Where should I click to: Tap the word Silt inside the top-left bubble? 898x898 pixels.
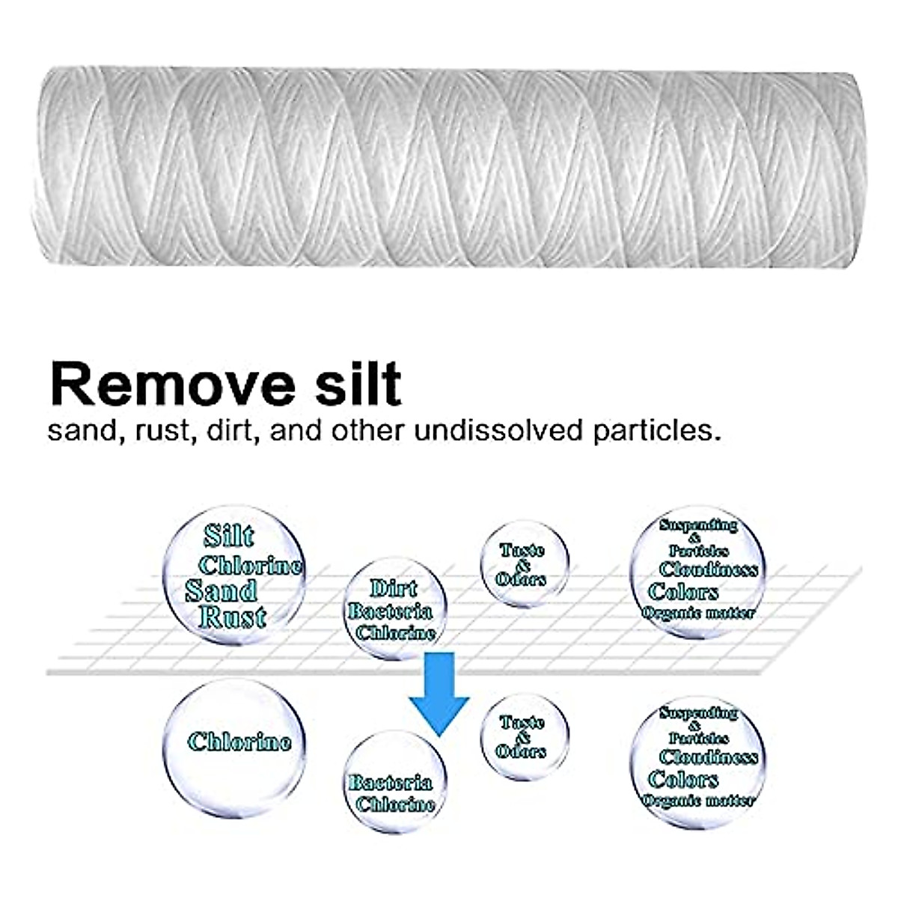coord(228,536)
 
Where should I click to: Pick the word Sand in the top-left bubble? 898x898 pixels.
coord(221,591)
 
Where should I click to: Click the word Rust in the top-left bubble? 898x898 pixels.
coord(233,617)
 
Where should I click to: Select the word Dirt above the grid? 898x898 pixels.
coord(393,589)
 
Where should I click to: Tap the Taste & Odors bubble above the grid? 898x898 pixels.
coord(523,564)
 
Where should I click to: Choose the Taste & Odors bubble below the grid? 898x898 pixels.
coord(523,736)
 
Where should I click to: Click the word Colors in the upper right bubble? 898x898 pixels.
coord(683,592)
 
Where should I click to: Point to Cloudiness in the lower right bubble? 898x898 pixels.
coord(708,757)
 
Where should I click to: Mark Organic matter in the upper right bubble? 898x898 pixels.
coord(697,614)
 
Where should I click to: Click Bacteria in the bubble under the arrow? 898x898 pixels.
coord(390,783)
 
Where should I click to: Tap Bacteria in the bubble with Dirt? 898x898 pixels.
coord(390,611)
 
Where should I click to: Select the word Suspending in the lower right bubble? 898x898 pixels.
coord(697,712)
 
